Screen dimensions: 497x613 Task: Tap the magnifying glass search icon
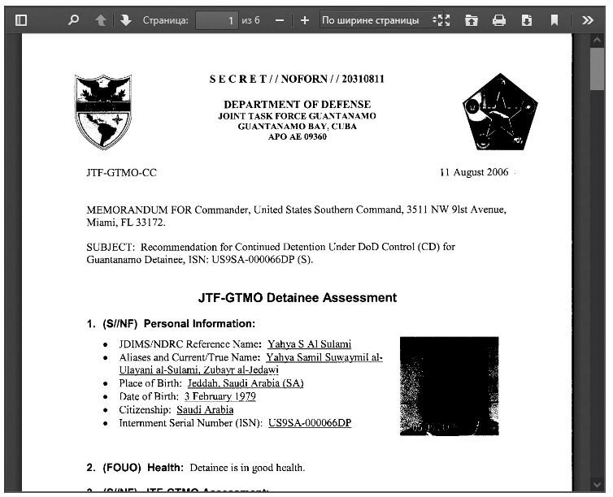[73, 20]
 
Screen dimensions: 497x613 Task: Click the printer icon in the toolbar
[499, 20]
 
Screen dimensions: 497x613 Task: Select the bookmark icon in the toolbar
[554, 20]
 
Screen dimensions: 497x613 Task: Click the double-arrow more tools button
[588, 20]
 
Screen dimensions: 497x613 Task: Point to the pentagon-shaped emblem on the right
[499, 112]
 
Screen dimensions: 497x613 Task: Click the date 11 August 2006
[473, 173]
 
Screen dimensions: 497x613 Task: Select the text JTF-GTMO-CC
[121, 173]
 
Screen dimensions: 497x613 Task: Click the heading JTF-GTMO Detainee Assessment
[298, 298]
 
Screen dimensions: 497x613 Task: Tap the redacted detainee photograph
[449, 387]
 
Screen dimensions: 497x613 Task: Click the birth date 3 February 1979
[220, 396]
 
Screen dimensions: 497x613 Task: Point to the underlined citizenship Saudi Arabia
[205, 409]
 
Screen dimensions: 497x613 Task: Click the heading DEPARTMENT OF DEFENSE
[297, 105]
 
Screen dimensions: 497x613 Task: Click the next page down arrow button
[125, 20]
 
